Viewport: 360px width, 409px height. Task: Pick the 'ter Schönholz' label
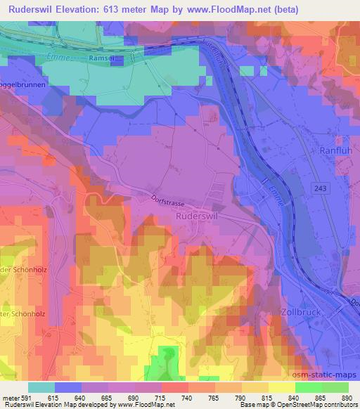[x=24, y=313]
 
